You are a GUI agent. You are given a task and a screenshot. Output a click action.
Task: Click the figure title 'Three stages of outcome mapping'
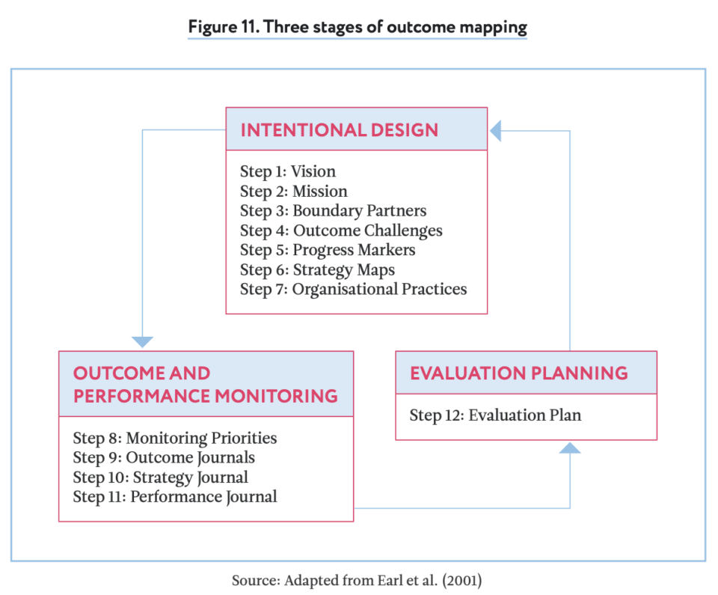(358, 28)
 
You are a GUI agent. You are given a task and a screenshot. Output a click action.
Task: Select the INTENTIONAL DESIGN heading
(339, 129)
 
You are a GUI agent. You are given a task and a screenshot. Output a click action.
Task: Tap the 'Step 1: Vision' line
(288, 171)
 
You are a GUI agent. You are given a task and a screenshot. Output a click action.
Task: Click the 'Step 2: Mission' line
(294, 191)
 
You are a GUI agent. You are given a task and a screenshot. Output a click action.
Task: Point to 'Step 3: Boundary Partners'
(334, 211)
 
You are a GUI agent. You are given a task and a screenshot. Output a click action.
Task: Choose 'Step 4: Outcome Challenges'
(341, 231)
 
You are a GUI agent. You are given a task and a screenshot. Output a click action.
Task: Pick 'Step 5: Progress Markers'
(328, 250)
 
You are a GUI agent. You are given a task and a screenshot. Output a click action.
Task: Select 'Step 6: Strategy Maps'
(317, 269)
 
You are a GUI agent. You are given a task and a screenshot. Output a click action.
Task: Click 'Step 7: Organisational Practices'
(353, 289)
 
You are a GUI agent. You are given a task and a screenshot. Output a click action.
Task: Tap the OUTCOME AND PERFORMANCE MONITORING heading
(205, 384)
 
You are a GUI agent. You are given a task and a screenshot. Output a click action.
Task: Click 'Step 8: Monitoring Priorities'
(175, 438)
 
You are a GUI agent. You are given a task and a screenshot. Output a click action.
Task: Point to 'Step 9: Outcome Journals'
(164, 457)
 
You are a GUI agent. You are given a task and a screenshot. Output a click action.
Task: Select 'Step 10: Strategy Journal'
(161, 477)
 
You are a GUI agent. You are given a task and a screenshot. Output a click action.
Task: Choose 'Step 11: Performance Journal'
(175, 496)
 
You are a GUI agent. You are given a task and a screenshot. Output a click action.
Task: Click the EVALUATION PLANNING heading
(518, 373)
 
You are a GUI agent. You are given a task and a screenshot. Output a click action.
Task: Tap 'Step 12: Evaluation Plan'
(495, 415)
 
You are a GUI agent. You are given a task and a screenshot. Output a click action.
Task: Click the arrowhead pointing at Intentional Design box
(496, 132)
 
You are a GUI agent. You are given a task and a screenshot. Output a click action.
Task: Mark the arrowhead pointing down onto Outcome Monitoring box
(142, 342)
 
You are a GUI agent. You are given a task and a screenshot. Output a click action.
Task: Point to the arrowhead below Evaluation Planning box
(570, 448)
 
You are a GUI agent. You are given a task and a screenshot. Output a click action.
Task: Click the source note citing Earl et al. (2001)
(358, 580)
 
